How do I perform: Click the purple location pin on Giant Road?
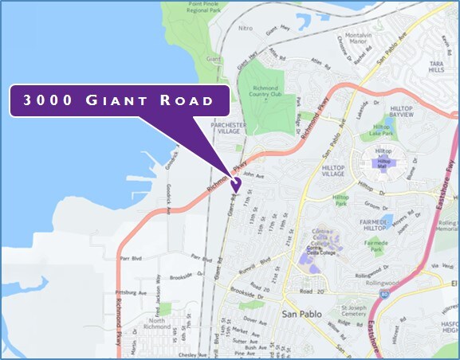(x=235, y=184)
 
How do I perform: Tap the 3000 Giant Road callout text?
(x=118, y=100)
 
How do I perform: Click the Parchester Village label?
(x=226, y=129)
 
